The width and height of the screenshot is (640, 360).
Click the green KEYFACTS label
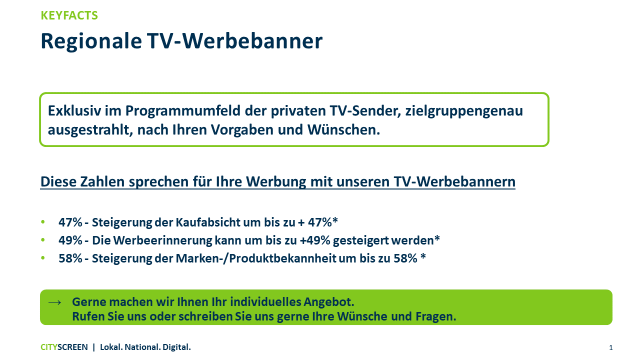point(69,15)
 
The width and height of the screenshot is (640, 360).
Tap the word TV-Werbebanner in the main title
point(235,41)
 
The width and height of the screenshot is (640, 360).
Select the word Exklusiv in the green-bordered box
point(74,110)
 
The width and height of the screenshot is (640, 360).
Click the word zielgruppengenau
point(464,111)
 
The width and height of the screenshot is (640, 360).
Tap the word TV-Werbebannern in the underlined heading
point(454,181)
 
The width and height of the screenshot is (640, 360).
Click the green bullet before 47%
point(43,221)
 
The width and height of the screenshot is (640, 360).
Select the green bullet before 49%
point(43,239)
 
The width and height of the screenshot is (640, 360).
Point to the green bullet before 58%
point(43,257)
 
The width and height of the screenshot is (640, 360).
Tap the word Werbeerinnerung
point(162,240)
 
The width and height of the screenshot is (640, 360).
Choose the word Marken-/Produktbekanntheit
point(255,258)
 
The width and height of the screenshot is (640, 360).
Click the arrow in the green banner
point(54,302)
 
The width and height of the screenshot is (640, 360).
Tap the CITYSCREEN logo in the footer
point(64,347)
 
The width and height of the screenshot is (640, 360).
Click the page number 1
point(611,347)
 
